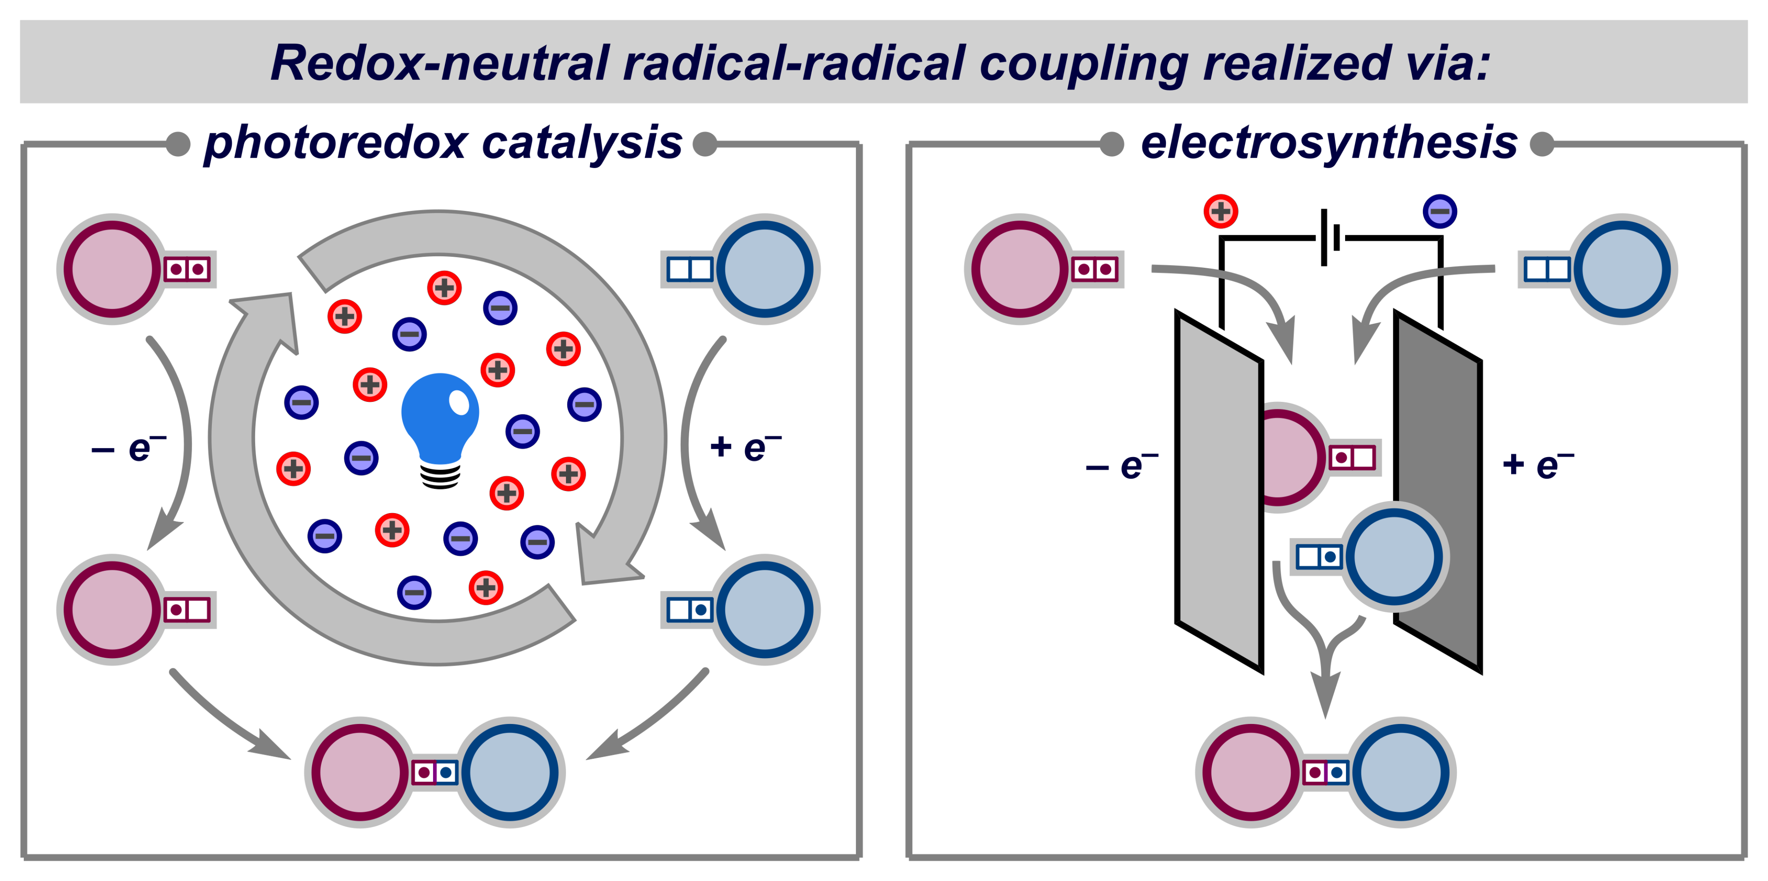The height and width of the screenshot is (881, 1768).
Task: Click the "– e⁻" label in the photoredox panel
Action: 129,449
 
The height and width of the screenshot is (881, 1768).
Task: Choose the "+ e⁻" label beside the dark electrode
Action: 1538,465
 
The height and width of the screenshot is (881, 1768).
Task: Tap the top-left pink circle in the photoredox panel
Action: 112,269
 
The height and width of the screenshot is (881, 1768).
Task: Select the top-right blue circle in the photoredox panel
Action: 765,269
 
